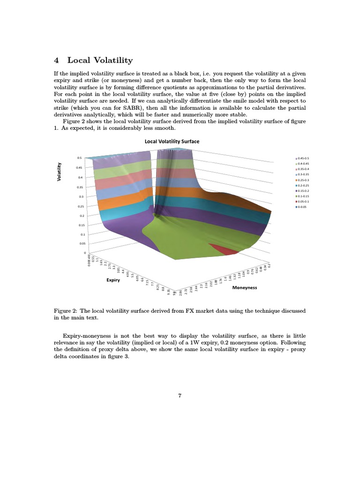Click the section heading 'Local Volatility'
click(x=99, y=60)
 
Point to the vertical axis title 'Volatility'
click(x=60, y=172)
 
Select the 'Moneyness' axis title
click(x=244, y=287)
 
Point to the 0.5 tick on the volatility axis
click(x=79, y=158)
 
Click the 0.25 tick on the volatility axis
click(x=81, y=206)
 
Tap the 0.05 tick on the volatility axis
click(x=82, y=244)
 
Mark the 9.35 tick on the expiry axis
click(x=168, y=293)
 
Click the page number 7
click(x=180, y=395)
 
